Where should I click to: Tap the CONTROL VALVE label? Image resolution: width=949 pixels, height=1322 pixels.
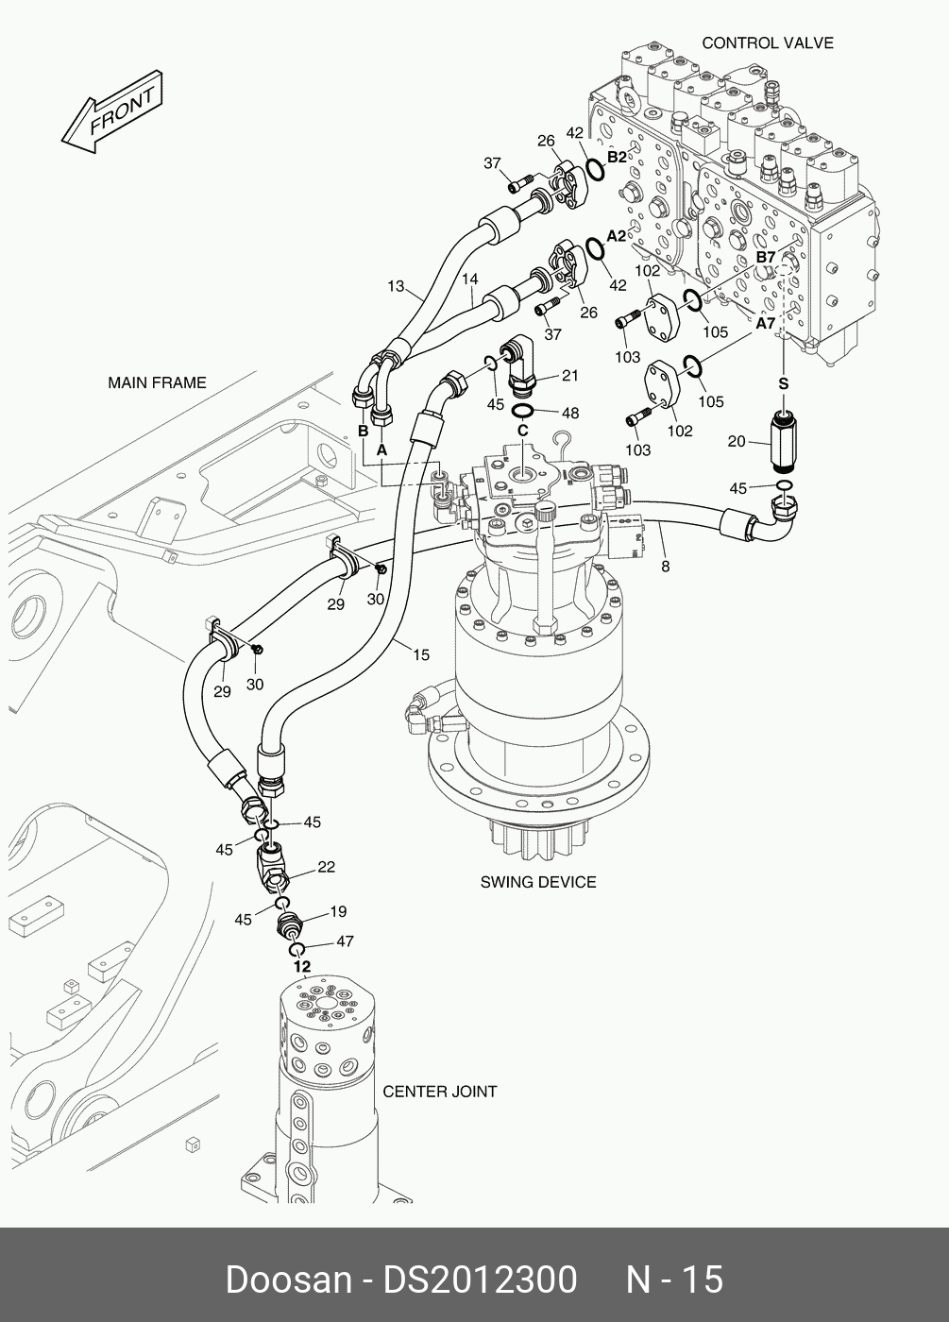click(767, 42)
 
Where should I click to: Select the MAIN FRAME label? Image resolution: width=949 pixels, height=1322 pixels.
click(157, 382)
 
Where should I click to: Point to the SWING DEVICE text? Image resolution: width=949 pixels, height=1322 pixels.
click(538, 882)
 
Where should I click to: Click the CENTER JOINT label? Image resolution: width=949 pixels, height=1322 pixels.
click(440, 1092)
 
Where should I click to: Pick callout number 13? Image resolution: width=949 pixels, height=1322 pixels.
click(396, 285)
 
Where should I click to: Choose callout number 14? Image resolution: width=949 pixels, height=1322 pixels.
click(470, 280)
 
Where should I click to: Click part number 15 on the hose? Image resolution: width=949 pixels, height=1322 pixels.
click(420, 654)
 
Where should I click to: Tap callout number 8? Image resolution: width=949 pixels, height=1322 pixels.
click(665, 567)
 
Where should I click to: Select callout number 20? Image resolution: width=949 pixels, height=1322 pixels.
click(737, 441)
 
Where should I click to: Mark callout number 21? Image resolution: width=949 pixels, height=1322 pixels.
click(569, 376)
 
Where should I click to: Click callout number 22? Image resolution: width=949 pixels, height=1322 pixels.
click(326, 867)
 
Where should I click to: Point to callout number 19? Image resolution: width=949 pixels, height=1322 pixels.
click(338, 911)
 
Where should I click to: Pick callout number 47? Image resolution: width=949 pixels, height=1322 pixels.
click(345, 941)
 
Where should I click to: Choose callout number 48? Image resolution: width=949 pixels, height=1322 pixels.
click(569, 413)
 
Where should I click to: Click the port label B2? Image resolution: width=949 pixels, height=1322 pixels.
click(617, 157)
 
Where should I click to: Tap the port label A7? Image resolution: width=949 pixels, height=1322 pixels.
click(765, 324)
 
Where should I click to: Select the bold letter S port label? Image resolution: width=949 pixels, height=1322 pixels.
click(783, 383)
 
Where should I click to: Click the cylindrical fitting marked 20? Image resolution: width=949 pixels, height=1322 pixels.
click(784, 441)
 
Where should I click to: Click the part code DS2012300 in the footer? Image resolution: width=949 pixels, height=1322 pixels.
click(479, 1280)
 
